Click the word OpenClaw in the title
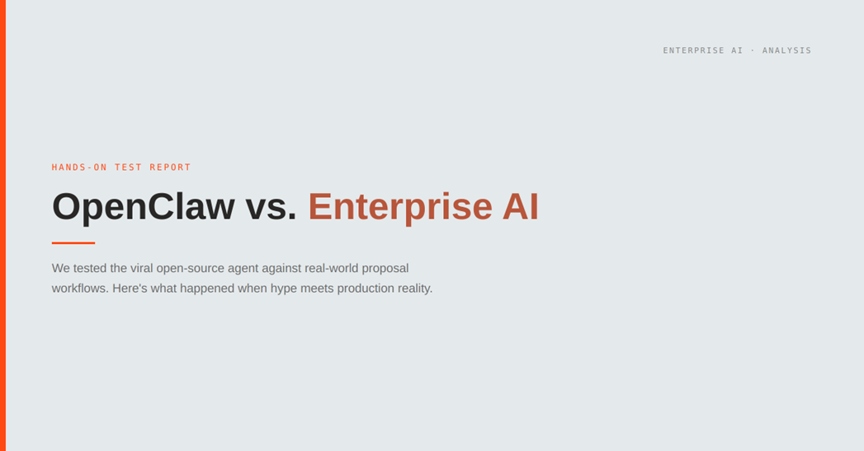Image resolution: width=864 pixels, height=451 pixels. click(x=143, y=206)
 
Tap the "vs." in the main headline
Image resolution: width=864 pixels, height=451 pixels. click(x=271, y=206)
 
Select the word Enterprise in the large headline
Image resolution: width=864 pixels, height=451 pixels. click(x=399, y=206)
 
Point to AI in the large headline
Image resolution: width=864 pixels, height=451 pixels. click(x=521, y=206)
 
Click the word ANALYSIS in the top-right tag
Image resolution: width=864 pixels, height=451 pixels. click(x=786, y=50)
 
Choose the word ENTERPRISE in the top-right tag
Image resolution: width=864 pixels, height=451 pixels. click(x=692, y=50)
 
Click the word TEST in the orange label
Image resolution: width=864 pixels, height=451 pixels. click(x=128, y=167)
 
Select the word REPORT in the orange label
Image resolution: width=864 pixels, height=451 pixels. click(x=170, y=167)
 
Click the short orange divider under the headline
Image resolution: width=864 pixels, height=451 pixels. click(x=73, y=242)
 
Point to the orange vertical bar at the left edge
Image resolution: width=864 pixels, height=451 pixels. click(x=2, y=225)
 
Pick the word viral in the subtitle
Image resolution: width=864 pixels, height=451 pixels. click(x=141, y=268)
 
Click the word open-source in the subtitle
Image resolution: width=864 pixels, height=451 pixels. click(x=192, y=268)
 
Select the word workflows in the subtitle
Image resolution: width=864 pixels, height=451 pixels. click(x=78, y=289)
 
